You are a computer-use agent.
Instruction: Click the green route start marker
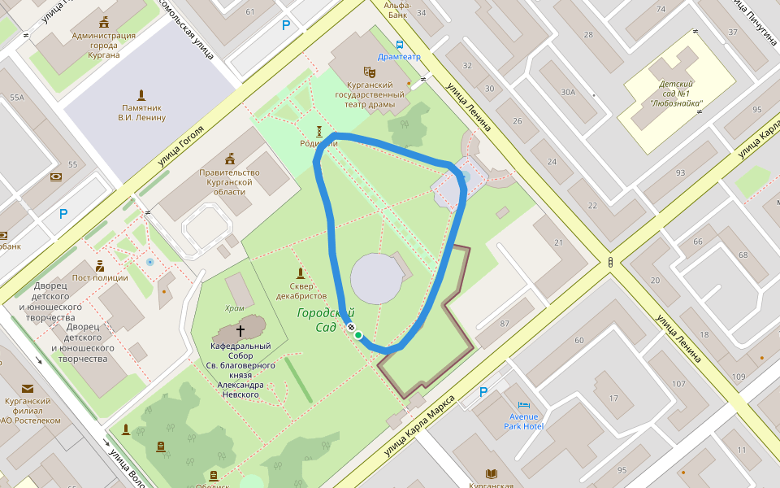coord(357,335)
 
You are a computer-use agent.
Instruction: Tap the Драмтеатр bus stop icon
coord(399,45)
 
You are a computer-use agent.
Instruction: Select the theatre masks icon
coord(369,72)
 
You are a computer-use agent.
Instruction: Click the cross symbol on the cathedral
coord(240,330)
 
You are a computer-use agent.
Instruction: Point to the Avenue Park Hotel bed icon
coord(523,404)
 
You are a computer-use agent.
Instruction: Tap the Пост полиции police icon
coord(100,265)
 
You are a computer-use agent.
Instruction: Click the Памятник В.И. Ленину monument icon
coord(141,94)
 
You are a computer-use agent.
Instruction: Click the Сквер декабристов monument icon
coord(301,272)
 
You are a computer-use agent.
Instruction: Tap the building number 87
coord(505,325)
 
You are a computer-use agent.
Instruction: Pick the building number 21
coord(559,243)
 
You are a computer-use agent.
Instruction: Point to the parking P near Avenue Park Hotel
coord(483,392)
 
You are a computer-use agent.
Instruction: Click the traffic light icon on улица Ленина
coord(609,262)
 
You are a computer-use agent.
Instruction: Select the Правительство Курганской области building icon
coord(230,158)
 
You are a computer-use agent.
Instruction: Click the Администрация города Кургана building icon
coord(103,22)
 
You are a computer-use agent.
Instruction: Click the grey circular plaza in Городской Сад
coord(376,278)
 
